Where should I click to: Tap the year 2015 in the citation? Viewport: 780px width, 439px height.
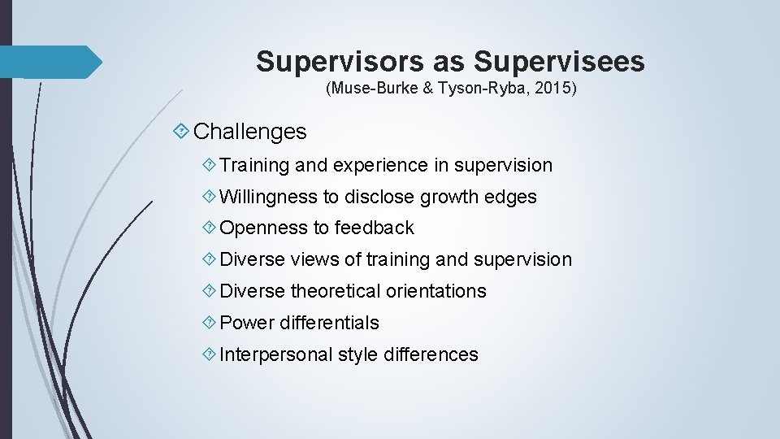pos(554,88)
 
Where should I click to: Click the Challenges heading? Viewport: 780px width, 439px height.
pos(250,131)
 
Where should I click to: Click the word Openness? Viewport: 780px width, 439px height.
pos(258,228)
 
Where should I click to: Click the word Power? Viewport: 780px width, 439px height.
pos(247,323)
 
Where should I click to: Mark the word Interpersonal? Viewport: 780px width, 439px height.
pos(276,354)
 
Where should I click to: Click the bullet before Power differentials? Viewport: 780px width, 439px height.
pos(210,323)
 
